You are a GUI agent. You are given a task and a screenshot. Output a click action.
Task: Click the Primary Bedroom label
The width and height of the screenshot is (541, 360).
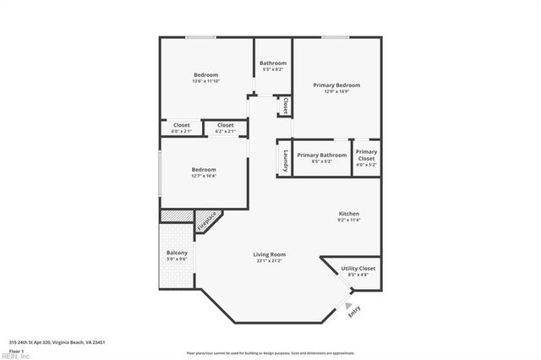click(336, 85)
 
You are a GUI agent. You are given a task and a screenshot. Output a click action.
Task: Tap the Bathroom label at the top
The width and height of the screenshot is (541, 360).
click(273, 63)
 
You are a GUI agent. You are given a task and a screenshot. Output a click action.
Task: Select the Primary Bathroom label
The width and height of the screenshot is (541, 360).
click(321, 155)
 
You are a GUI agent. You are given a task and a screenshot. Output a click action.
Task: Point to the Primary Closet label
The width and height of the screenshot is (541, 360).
click(366, 155)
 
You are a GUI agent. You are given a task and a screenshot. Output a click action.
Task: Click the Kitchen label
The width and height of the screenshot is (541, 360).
click(349, 214)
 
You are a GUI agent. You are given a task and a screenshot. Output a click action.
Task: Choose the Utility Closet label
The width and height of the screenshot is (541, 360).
click(358, 269)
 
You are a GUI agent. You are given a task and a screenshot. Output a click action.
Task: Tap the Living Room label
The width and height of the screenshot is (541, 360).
click(270, 254)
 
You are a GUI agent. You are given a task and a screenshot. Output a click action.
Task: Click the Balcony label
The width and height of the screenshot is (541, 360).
click(177, 254)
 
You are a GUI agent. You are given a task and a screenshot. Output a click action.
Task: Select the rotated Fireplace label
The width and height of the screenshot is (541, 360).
click(206, 221)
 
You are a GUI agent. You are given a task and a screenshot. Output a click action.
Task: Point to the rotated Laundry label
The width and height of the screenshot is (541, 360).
click(286, 158)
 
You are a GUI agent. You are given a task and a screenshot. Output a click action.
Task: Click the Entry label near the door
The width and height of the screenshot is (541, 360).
click(354, 310)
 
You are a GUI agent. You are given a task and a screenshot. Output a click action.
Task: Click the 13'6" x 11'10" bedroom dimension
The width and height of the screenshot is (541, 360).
click(206, 81)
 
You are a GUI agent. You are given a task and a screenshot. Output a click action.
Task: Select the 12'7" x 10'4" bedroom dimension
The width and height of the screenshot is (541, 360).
click(204, 176)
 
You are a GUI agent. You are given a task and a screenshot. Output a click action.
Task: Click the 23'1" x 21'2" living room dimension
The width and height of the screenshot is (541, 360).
click(270, 260)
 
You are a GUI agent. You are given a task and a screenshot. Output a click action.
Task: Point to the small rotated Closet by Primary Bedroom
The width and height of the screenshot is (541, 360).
click(286, 107)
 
